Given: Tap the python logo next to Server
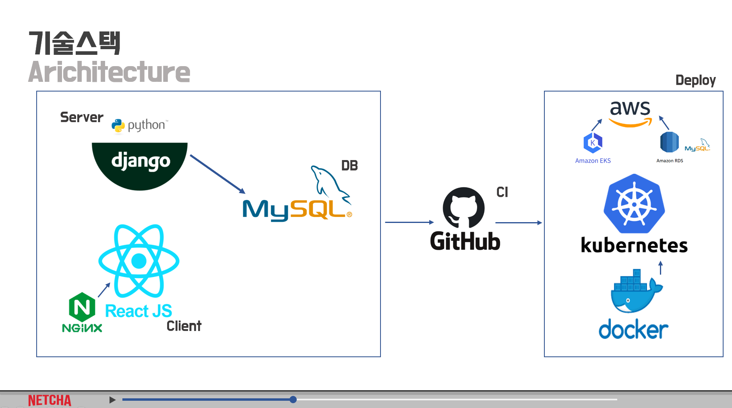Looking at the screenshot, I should pos(140,125).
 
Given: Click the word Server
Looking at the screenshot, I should pos(82,117).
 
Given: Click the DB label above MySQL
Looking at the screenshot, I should pos(349,166).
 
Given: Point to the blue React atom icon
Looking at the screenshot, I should pos(139,261).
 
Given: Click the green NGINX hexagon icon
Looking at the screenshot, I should pos(82,308).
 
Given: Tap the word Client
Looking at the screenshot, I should pos(184,326).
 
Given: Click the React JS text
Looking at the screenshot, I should pos(139,311).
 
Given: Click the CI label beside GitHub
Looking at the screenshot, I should pos(502,192).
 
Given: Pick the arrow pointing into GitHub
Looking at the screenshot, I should pos(409,222).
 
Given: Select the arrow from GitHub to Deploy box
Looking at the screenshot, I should pos(519,223).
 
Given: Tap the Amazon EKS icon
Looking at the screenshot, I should pos(593,143).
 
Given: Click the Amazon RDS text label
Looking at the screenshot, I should pos(670,160).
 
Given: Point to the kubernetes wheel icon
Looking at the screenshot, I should pos(634,204).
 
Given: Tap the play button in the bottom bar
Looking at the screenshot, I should pos(112,400).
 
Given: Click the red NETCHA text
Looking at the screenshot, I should pos(50,400).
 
